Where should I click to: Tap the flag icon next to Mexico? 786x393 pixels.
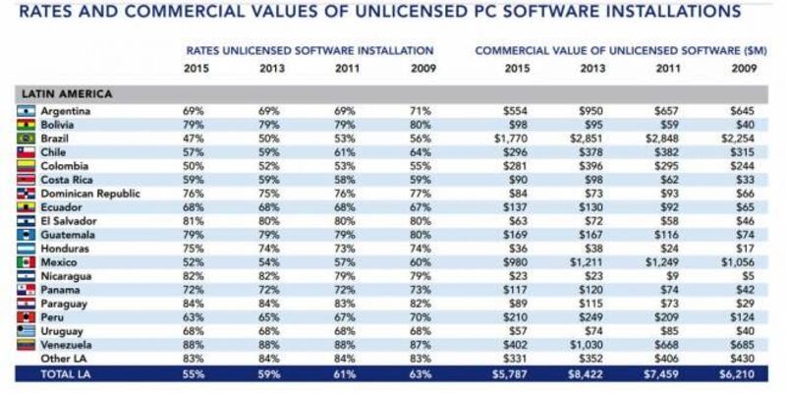click(27, 262)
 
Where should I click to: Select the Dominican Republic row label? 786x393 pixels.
click(89, 194)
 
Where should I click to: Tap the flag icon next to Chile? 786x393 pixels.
click(27, 153)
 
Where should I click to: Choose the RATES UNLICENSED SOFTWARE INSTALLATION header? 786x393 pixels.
click(309, 49)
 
